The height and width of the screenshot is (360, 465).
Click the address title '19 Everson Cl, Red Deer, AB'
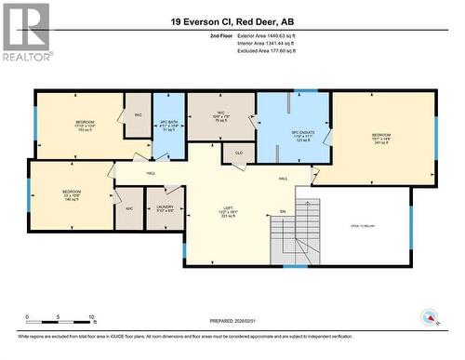tap(232, 20)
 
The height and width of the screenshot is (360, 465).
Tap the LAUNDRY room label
tap(166, 209)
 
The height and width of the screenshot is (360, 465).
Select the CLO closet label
tap(238, 153)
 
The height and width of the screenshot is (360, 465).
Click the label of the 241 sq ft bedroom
tap(382, 139)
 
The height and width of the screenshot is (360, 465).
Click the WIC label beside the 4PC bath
tap(138, 116)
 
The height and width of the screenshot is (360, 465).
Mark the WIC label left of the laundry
tap(129, 208)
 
